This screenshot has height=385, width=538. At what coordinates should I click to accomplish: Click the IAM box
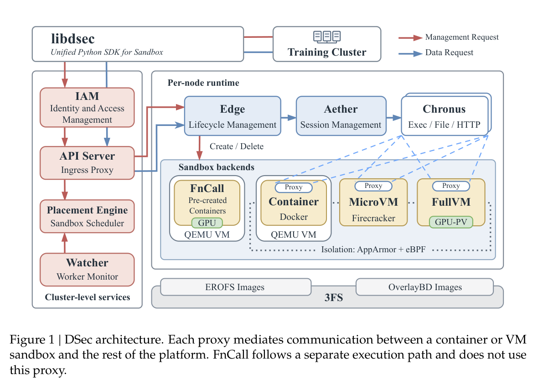point(87,107)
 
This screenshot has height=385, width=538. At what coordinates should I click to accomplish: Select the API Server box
point(87,163)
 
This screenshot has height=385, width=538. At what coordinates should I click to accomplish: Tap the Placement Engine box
point(87,216)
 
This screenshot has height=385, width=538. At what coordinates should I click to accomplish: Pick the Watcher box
point(87,270)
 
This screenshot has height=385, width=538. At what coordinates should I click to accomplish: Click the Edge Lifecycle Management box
point(233,116)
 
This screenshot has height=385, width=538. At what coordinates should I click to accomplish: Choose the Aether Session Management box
point(341,116)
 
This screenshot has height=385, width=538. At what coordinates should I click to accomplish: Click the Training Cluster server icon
point(327,36)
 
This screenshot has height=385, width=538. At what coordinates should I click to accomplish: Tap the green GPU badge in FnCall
point(207,223)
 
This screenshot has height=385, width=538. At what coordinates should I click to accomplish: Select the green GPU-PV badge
point(451,222)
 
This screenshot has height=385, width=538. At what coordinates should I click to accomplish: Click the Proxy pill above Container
point(294,187)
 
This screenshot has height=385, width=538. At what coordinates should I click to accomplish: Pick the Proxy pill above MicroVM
point(373,186)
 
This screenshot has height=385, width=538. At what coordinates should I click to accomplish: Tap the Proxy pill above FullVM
point(451,186)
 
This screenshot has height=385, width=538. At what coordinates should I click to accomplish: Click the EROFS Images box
point(236,287)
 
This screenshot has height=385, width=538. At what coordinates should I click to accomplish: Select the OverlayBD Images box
point(425,287)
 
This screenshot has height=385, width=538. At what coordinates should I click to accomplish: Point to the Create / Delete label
point(237,146)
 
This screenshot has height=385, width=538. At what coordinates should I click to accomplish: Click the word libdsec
point(73,39)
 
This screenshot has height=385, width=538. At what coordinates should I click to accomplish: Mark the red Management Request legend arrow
point(410,38)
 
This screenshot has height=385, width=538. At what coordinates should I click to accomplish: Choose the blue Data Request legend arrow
point(410,53)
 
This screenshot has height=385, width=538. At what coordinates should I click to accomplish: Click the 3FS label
point(333,297)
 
